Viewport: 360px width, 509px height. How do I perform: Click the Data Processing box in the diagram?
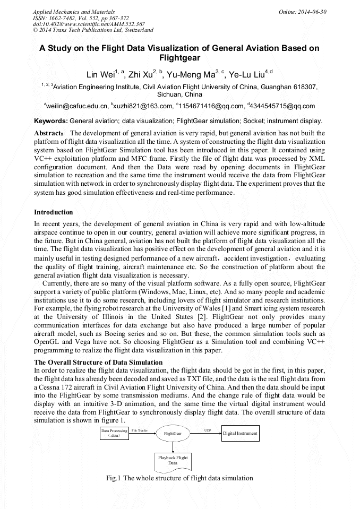[114, 433]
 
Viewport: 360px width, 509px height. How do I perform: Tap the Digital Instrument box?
[240, 434]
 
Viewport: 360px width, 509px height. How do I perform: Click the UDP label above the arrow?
[207, 429]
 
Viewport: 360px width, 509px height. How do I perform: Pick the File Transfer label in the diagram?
[140, 429]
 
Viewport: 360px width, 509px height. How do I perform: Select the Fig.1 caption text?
[179, 478]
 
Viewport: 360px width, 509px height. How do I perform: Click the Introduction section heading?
[54, 212]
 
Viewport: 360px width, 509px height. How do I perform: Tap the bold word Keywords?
[51, 121]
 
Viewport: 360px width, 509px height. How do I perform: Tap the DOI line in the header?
[89, 24]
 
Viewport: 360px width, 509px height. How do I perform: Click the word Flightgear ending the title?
[179, 57]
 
